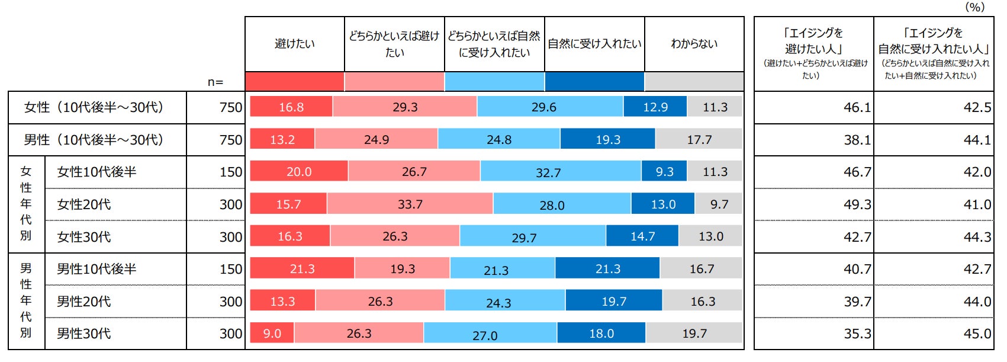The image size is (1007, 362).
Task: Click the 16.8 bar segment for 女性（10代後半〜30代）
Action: click(x=291, y=107)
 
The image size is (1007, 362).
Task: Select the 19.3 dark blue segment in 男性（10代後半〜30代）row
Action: click(x=607, y=140)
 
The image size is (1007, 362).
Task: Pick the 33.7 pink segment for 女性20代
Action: click(x=410, y=204)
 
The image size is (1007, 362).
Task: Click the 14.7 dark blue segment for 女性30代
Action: click(x=642, y=236)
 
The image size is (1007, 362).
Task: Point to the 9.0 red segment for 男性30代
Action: click(x=272, y=334)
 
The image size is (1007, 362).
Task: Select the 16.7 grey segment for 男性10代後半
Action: click(x=702, y=269)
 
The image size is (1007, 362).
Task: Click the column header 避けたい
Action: click(x=295, y=44)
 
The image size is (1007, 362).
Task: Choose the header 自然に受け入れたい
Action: click(x=594, y=44)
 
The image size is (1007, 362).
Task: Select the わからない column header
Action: click(x=694, y=44)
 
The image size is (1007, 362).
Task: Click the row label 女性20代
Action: click(x=84, y=204)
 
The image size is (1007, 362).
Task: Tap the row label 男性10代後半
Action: click(x=96, y=269)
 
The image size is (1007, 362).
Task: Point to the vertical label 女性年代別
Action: click(x=26, y=204)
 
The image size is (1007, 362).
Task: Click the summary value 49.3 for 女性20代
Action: click(x=857, y=204)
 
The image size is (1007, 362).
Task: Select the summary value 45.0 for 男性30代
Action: click(x=977, y=334)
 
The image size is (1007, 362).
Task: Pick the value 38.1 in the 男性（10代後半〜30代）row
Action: click(x=857, y=140)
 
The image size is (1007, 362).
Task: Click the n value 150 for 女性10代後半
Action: click(x=231, y=172)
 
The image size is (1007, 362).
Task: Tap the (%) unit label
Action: click(x=975, y=7)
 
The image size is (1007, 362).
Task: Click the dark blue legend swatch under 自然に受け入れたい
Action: click(x=594, y=82)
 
